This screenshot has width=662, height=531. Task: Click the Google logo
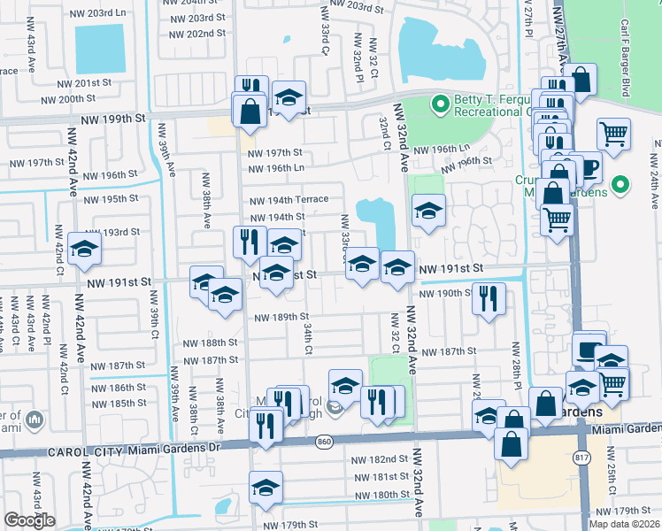pyautogui.click(x=29, y=520)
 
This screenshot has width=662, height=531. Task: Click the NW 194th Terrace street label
pyautogui.click(x=289, y=200)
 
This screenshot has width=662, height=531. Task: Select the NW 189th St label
pyautogui.click(x=281, y=317)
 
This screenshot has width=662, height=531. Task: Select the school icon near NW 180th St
pyautogui.click(x=266, y=488)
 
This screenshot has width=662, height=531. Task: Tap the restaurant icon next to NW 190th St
pyautogui.click(x=487, y=297)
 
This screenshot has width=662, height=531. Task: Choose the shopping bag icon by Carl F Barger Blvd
pyautogui.click(x=581, y=80)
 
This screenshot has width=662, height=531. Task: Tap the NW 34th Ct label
pyautogui.click(x=308, y=337)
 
